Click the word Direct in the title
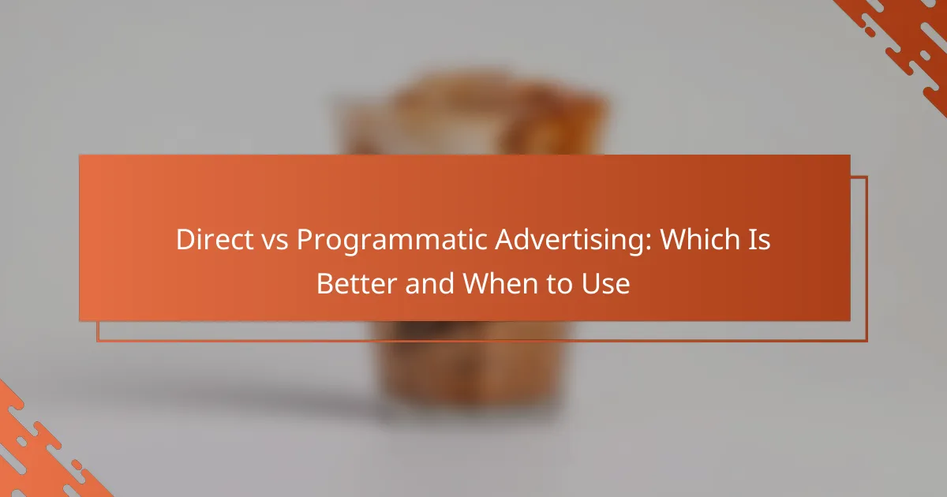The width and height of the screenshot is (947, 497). (215, 240)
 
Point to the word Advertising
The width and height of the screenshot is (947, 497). (569, 241)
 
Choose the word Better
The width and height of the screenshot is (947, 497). (357, 283)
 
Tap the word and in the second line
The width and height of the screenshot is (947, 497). (429, 283)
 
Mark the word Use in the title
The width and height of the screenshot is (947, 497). (606, 284)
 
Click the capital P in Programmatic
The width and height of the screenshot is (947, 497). (305, 240)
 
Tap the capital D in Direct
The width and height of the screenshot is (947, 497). (185, 240)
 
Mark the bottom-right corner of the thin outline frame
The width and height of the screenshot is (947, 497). (867, 341)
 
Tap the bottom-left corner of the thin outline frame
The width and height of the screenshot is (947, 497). (97, 341)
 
